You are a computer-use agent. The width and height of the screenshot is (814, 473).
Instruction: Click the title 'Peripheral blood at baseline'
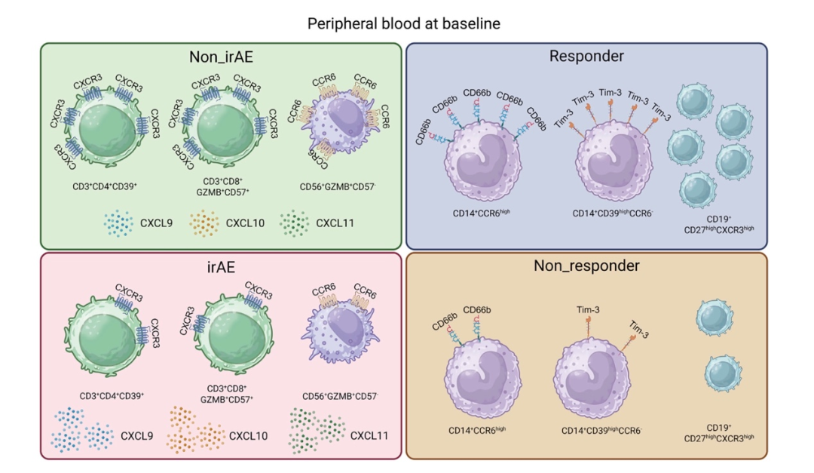pos(403,24)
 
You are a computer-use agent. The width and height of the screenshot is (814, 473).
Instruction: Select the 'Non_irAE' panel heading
pos(220,57)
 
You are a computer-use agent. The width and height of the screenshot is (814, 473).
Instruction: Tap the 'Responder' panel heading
pos(586,56)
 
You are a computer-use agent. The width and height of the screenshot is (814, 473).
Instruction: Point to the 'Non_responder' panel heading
pos(586,266)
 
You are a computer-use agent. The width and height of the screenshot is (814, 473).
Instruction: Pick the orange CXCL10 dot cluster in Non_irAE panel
pos(202,223)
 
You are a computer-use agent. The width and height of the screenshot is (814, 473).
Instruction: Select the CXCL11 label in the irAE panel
pos(369,435)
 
